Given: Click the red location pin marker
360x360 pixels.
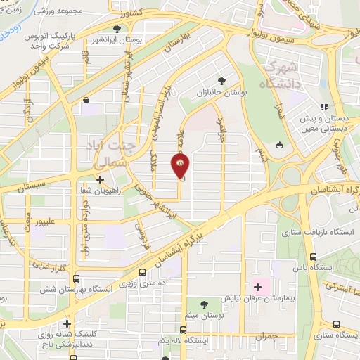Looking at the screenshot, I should point(180,167).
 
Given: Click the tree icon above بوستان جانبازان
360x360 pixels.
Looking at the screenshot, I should point(222,81).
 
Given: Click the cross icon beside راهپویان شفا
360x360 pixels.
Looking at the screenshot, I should point(101,179).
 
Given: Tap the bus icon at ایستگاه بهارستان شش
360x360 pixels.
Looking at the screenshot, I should point(76,278).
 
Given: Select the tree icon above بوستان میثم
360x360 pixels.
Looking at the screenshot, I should point(205,304).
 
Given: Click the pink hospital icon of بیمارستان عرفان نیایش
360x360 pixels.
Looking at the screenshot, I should point(257,286).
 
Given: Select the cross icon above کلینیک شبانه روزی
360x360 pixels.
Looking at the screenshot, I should point(67,324).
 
